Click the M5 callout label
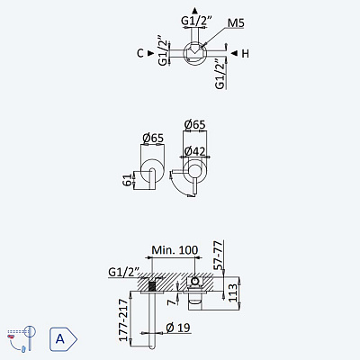pos(236,22)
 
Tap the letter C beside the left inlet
pos(140,53)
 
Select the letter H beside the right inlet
pos(245,54)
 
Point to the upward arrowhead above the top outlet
pos(195,11)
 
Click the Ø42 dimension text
pos(195,151)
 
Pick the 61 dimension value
pos(128,179)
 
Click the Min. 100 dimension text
pos(175,250)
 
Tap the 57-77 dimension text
pos(219,255)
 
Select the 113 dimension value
pos(232,293)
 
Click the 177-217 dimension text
pos(123,319)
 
